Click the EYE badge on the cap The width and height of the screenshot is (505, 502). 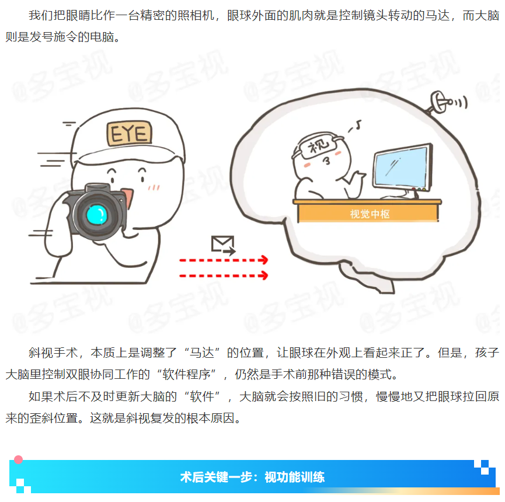[x=129, y=133]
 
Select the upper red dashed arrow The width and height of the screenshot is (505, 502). [x=224, y=260]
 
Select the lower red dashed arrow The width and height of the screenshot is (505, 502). [x=224, y=276]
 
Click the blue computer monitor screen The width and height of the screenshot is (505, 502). [x=403, y=167]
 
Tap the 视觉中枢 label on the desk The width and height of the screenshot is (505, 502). [x=370, y=214]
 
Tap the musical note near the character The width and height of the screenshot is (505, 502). [x=356, y=126]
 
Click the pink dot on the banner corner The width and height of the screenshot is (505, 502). [x=18, y=459]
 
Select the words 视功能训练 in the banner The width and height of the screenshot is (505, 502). [x=294, y=477]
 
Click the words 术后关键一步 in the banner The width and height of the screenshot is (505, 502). [x=216, y=477]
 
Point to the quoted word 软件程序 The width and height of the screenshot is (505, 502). [x=186, y=375]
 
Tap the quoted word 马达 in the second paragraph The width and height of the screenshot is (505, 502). [x=202, y=353]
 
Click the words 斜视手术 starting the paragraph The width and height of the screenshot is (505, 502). [x=53, y=353]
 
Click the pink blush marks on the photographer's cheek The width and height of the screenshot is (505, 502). [x=154, y=187]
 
